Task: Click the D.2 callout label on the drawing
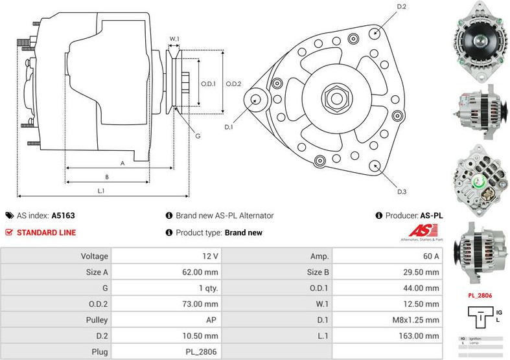pos(402,6)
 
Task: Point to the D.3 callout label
pos(402,192)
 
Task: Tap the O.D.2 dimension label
pos(233,84)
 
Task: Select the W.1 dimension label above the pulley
pos(174,39)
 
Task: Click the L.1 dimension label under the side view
pos(101,191)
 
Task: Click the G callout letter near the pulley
pos(198,135)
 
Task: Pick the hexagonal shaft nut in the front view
pos(337,99)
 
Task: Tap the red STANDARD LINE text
pos(46,232)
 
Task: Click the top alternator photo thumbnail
pos(480,41)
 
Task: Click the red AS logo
pos(424,231)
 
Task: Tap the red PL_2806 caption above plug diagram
pos(480,295)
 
